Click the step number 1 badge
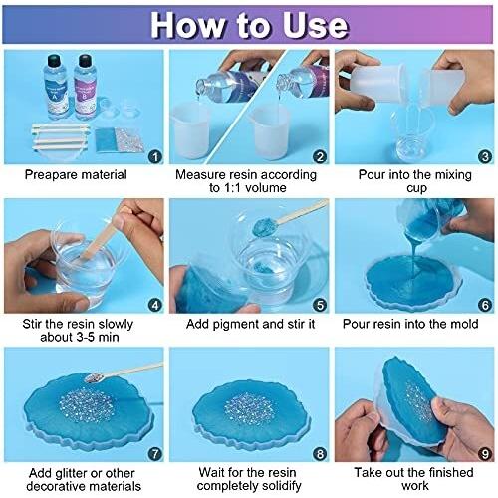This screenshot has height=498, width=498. (x=155, y=156)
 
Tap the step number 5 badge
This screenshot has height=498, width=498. (x=320, y=306)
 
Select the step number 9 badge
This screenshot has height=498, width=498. (x=485, y=454)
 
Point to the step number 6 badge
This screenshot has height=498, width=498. (x=485, y=306)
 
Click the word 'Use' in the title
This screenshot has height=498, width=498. (x=315, y=25)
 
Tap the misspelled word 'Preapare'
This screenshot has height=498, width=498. (x=50, y=175)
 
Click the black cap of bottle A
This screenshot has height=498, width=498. (x=55, y=61)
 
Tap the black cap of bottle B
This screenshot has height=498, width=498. (x=85, y=61)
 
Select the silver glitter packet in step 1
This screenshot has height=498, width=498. (x=129, y=139)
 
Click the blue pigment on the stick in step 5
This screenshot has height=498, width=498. (x=264, y=227)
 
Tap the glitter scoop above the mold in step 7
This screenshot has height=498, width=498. (x=94, y=377)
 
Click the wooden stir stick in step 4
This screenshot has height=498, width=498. (x=99, y=237)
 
